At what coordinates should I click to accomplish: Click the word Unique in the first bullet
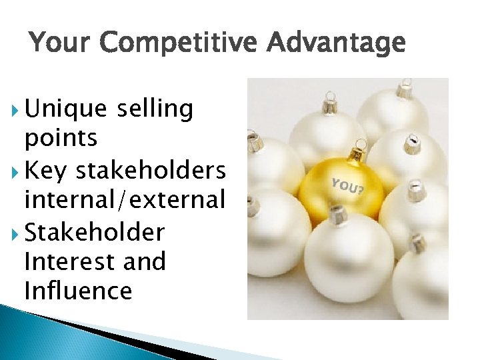pyautogui.click(x=65, y=109)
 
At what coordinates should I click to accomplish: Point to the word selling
pyautogui.click(x=154, y=109)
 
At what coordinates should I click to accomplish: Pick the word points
pyautogui.click(x=61, y=139)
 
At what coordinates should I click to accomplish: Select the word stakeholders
pyautogui.click(x=151, y=170)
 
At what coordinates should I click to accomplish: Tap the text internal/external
pyautogui.click(x=124, y=200)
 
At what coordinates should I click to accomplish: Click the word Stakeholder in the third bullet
pyautogui.click(x=94, y=232)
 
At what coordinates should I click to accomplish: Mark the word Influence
pyautogui.click(x=77, y=291)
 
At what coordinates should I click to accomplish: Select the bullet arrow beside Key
pyautogui.click(x=15, y=171)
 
